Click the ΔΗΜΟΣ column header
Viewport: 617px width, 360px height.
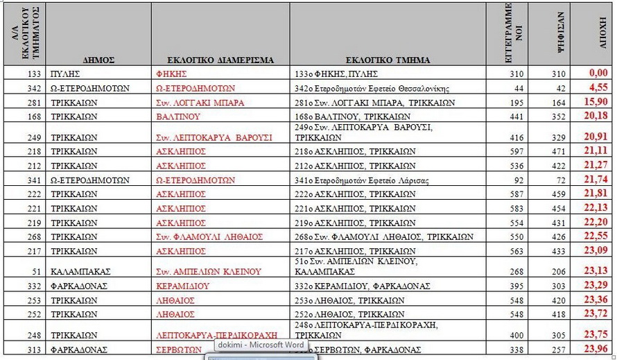[101, 60]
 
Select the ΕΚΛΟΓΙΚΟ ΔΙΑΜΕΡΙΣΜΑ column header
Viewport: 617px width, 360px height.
[221, 60]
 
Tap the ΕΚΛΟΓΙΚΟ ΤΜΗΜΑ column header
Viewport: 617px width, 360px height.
[387, 60]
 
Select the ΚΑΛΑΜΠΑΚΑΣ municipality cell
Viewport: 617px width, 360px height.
[80, 272]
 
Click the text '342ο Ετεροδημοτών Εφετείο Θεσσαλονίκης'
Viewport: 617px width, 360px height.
[372, 88]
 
